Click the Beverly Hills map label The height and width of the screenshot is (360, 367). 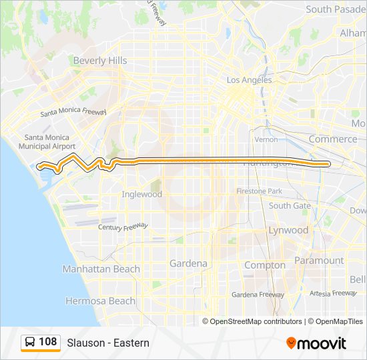[x=100, y=61]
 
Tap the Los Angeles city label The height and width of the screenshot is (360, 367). [x=250, y=80]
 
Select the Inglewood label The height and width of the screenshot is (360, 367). [x=141, y=195]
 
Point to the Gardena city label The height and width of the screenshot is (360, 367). [x=188, y=263]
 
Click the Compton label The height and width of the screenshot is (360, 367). [x=265, y=265]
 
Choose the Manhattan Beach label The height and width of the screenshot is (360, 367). [x=101, y=269]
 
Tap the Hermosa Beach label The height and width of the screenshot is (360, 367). [x=100, y=301]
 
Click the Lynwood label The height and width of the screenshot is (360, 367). [x=288, y=230]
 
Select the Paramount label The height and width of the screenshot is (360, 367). [x=319, y=261]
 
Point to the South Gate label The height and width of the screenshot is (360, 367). [x=290, y=205]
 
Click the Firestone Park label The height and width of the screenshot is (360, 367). [x=259, y=191]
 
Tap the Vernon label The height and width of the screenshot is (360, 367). [x=266, y=139]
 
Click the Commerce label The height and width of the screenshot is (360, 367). [x=333, y=139]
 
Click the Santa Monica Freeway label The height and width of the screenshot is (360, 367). [x=73, y=113]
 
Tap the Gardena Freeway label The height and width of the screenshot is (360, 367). [x=258, y=294]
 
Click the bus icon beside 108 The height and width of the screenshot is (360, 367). [x=30, y=343]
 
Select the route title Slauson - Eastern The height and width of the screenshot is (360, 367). [x=108, y=343]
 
